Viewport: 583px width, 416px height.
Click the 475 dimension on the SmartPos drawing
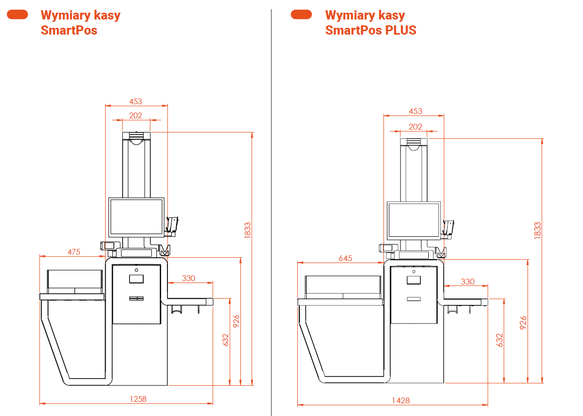(x=74, y=252)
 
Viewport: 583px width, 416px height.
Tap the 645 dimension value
(x=345, y=258)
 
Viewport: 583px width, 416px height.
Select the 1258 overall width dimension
(x=138, y=399)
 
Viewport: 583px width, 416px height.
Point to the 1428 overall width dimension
(x=401, y=400)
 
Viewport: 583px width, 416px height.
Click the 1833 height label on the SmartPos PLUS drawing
(x=537, y=230)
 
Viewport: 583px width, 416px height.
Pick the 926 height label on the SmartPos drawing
(x=236, y=322)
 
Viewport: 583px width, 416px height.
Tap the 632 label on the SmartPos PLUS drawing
(x=499, y=340)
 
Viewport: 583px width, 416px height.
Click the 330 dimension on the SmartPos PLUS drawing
(x=467, y=282)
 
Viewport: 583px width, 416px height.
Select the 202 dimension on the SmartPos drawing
(x=136, y=115)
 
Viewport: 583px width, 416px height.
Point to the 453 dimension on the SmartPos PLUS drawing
(x=416, y=111)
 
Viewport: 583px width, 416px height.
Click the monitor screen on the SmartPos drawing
(x=136, y=216)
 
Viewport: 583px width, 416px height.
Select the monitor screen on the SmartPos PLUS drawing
(x=414, y=220)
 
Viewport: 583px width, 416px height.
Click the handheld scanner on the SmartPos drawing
(x=173, y=224)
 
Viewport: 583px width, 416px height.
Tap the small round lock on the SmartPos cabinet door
(x=136, y=270)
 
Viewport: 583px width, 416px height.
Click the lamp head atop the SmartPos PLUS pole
(x=414, y=143)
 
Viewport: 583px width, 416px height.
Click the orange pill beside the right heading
(x=301, y=15)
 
